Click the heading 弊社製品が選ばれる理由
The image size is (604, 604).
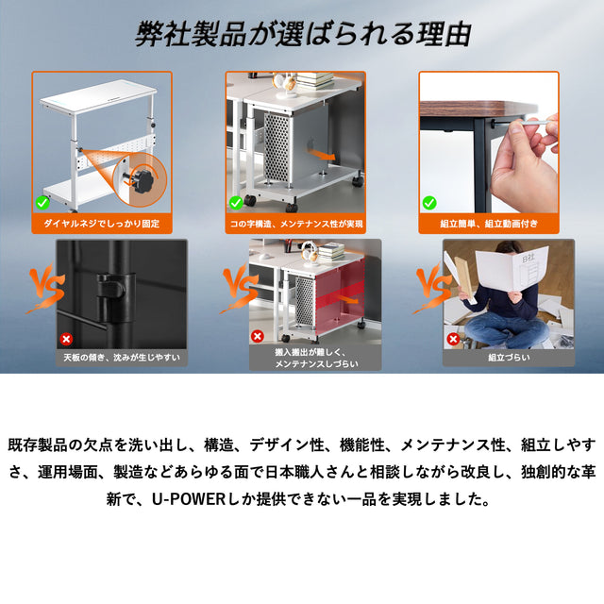pos(303,34)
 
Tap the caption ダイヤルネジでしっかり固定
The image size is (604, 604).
pos(101,224)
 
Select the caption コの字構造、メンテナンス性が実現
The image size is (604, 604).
pos(296,224)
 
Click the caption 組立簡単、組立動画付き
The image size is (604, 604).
pos(489,224)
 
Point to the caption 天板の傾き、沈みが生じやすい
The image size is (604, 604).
pos(122,358)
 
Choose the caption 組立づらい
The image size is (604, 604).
pos(509,358)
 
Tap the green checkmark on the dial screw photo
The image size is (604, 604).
pos(42,203)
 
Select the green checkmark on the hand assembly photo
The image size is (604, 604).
pos(429,203)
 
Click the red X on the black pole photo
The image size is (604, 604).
pos(66,339)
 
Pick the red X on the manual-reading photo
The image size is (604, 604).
pos(453,339)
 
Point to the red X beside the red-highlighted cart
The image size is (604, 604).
pos(257,336)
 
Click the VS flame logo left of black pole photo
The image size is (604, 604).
pos(45,288)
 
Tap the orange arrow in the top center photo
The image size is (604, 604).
pos(323,155)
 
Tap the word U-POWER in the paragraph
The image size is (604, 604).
pos(189,499)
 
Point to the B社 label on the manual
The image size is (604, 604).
pos(528,259)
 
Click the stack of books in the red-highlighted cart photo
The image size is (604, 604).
pos(331,252)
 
